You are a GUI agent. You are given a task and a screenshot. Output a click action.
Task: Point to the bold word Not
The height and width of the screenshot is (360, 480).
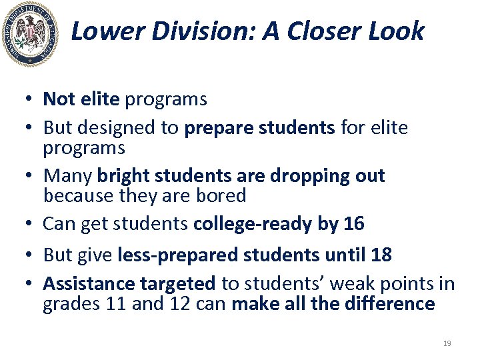coord(58,99)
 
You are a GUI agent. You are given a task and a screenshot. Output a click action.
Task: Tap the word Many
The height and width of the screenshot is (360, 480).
coord(68,176)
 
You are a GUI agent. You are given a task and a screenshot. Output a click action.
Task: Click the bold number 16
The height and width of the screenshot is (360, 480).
coord(353,224)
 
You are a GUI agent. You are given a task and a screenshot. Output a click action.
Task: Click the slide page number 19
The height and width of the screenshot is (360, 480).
coord(447,343)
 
